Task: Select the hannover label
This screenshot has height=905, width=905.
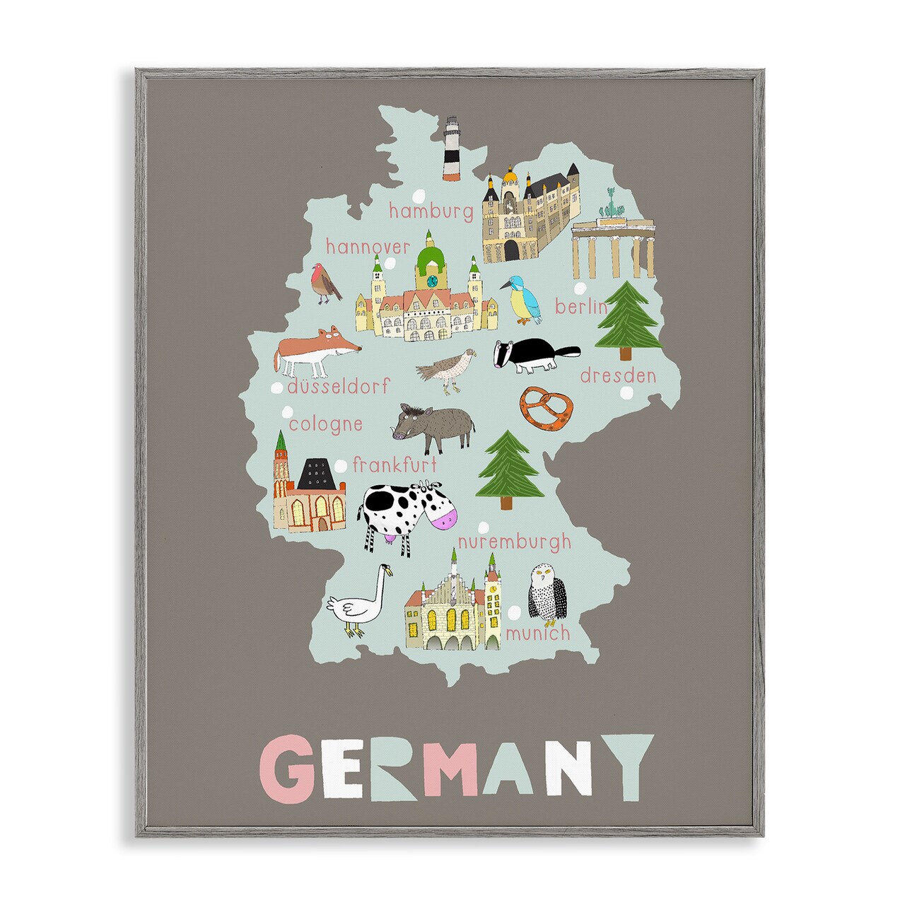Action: [368, 247]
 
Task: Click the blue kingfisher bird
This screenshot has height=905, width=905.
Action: [523, 298]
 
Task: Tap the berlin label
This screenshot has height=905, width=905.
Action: [581, 307]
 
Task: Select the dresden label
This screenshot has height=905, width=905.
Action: [618, 375]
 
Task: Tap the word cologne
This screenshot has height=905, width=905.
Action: [325, 424]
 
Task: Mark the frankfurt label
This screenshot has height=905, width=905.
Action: [395, 465]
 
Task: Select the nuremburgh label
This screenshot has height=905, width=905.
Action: [513, 542]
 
